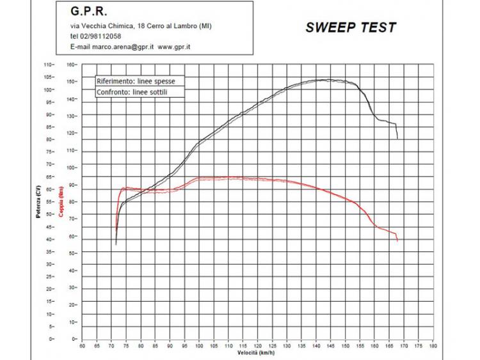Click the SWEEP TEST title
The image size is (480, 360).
point(350,27)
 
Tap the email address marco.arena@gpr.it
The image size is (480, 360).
point(114,47)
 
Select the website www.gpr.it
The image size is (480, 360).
point(175,47)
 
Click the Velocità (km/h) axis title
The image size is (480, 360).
point(257,352)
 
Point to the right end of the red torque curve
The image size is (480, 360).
point(397,240)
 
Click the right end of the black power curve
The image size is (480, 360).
point(397,138)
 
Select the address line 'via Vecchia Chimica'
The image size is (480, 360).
point(141,26)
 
